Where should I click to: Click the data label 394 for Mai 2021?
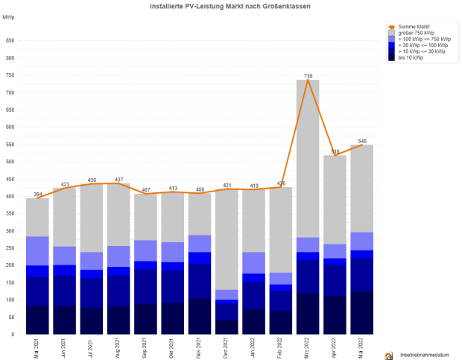point(37,194)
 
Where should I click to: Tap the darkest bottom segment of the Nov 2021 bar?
point(200,317)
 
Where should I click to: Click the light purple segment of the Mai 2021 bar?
point(37,250)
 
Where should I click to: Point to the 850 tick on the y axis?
point(9,40)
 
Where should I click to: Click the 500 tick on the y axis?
point(9,162)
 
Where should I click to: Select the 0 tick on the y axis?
point(12,335)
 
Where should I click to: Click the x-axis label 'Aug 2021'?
point(119,349)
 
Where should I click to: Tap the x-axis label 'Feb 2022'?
point(282,349)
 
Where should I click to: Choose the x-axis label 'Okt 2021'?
point(174,349)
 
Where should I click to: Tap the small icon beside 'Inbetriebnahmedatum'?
point(388,356)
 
